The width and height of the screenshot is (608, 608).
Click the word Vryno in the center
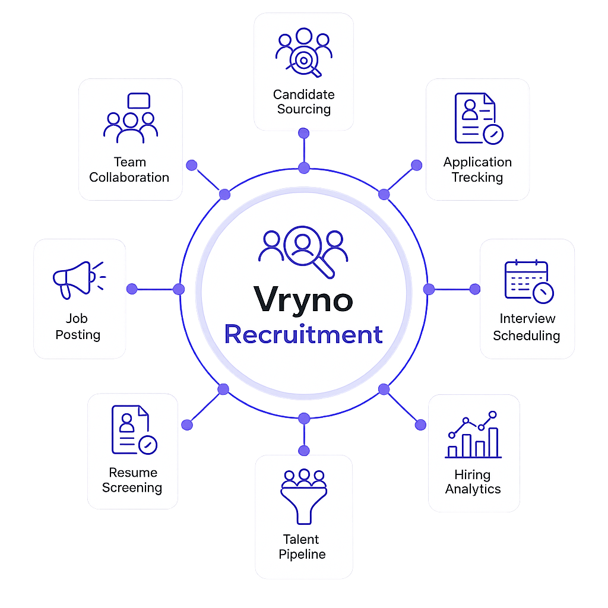[x=303, y=300]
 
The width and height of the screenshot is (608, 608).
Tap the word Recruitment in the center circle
[x=303, y=334]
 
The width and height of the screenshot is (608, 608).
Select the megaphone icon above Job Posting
[x=79, y=280]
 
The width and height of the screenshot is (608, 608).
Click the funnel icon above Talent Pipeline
[x=303, y=497]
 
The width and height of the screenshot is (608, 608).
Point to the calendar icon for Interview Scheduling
[x=529, y=281]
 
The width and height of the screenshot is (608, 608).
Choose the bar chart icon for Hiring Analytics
[x=473, y=435]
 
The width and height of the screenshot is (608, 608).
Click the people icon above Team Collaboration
[x=131, y=118]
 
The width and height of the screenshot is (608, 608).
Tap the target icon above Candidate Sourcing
[x=303, y=52]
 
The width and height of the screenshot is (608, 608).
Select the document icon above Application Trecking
[x=479, y=119]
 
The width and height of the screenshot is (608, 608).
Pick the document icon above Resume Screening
[x=134, y=430]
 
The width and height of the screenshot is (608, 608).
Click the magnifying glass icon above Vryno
[x=303, y=252]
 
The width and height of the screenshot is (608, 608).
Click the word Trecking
[x=477, y=178]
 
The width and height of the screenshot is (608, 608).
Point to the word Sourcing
[x=304, y=109]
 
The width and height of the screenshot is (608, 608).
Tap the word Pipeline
[x=302, y=555]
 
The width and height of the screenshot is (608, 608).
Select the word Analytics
[x=473, y=489]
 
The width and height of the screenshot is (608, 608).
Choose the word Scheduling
[x=527, y=336]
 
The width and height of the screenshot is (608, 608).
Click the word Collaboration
[x=129, y=178]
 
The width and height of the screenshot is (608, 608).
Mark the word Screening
[x=132, y=488]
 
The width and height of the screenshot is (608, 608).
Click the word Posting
[x=78, y=335]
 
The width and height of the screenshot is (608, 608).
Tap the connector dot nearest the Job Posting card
[x=132, y=289]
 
